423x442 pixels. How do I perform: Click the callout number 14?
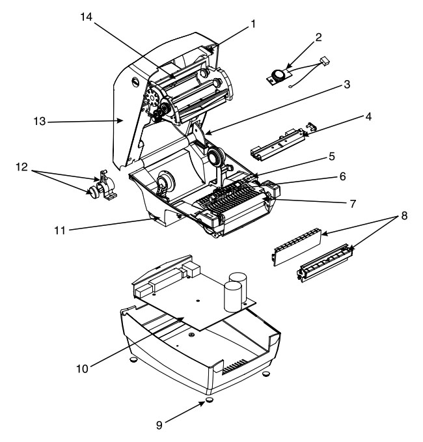[x=87, y=17]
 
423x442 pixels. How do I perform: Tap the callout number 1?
[x=253, y=24]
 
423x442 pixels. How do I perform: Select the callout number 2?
[x=318, y=37]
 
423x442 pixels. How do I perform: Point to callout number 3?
[x=347, y=84]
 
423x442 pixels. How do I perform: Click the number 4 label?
[x=368, y=117]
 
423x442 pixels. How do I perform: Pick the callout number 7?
[x=353, y=204]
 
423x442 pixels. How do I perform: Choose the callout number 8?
[x=404, y=216]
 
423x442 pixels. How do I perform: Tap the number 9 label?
[x=159, y=425]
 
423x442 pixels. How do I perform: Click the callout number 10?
[x=82, y=368]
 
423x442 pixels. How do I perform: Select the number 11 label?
[x=60, y=230]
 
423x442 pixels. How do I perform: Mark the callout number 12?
[x=21, y=167]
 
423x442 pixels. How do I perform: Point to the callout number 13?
[x=40, y=122]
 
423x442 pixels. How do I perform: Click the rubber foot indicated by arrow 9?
[x=209, y=400]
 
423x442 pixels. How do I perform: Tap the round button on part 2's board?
[x=279, y=74]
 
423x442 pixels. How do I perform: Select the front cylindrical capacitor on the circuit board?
[x=233, y=297]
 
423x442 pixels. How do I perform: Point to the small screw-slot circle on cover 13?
[x=136, y=82]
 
